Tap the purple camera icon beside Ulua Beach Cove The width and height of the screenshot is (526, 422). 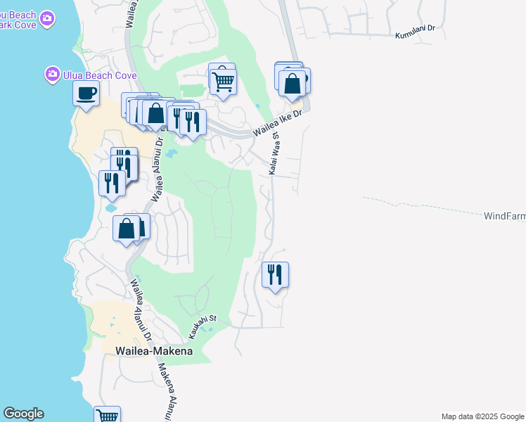pos(52,73)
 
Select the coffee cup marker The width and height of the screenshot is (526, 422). pos(86,94)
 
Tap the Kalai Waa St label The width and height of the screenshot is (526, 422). pos(274,155)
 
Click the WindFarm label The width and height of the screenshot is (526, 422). pos(504,216)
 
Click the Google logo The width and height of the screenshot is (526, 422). pos(23,414)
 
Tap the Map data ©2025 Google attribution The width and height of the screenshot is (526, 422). pos(482,416)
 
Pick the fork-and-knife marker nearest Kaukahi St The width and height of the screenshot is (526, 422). pos(275,274)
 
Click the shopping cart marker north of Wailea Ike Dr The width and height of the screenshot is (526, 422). pos(224,82)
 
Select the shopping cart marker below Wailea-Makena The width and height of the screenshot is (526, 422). pos(107,416)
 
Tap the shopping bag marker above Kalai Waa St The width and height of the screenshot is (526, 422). pos(292,84)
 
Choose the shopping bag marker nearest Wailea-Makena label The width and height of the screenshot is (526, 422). pos(127,229)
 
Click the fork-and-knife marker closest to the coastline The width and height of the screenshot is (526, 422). pos(113,183)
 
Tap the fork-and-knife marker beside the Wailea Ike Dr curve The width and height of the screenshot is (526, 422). pos(193,122)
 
